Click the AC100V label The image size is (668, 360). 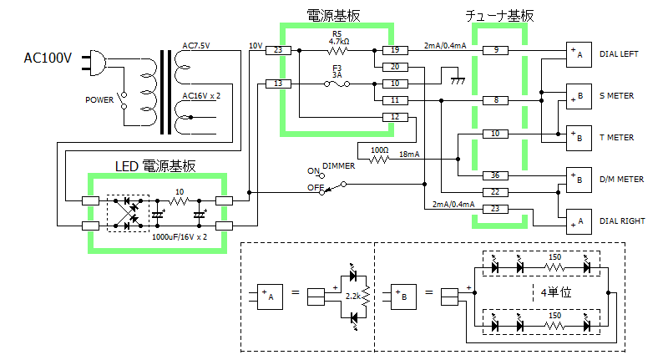48,58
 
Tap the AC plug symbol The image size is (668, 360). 94,63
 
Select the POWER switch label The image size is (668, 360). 99,100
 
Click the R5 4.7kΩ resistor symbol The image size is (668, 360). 337,51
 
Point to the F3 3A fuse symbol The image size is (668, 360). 337,84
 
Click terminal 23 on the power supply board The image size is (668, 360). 278,50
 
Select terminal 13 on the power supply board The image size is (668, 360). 278,84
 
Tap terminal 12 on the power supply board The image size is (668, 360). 395,117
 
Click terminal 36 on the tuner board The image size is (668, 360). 495,175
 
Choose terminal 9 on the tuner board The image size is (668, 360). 495,50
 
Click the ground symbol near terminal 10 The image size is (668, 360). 458,80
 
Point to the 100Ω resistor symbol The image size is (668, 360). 379,160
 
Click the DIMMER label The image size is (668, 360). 339,166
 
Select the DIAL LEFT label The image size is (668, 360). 619,54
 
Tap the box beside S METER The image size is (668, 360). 579,96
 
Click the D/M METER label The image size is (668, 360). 621,180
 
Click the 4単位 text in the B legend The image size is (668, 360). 556,292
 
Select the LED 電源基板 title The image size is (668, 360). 155,166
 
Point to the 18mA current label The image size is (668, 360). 409,155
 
